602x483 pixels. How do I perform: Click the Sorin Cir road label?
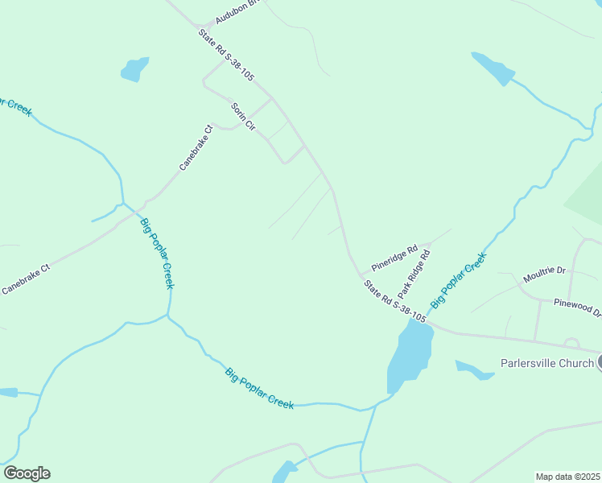pyautogui.click(x=242, y=118)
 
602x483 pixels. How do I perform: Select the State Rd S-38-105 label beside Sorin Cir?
pyautogui.click(x=226, y=55)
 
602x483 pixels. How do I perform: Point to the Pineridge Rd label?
pyautogui.click(x=394, y=258)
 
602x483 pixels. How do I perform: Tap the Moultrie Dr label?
pyautogui.click(x=545, y=271)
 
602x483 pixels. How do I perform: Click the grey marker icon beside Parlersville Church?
pyautogui.click(x=599, y=362)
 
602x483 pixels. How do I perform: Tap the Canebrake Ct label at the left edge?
pyautogui.click(x=26, y=278)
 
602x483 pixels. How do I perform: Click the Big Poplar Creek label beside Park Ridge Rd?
pyautogui.click(x=460, y=279)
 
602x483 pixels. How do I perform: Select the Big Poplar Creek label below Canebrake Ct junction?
pyautogui.click(x=157, y=254)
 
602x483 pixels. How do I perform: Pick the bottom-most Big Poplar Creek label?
pyautogui.click(x=259, y=388)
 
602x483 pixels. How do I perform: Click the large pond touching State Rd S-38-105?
pyautogui.click(x=410, y=354)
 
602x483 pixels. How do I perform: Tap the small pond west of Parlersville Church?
pyautogui.click(x=473, y=370)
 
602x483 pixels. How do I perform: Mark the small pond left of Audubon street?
pyautogui.click(x=134, y=69)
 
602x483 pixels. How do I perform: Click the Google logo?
pyautogui.click(x=27, y=473)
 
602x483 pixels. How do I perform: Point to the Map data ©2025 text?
pyautogui.click(x=567, y=477)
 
